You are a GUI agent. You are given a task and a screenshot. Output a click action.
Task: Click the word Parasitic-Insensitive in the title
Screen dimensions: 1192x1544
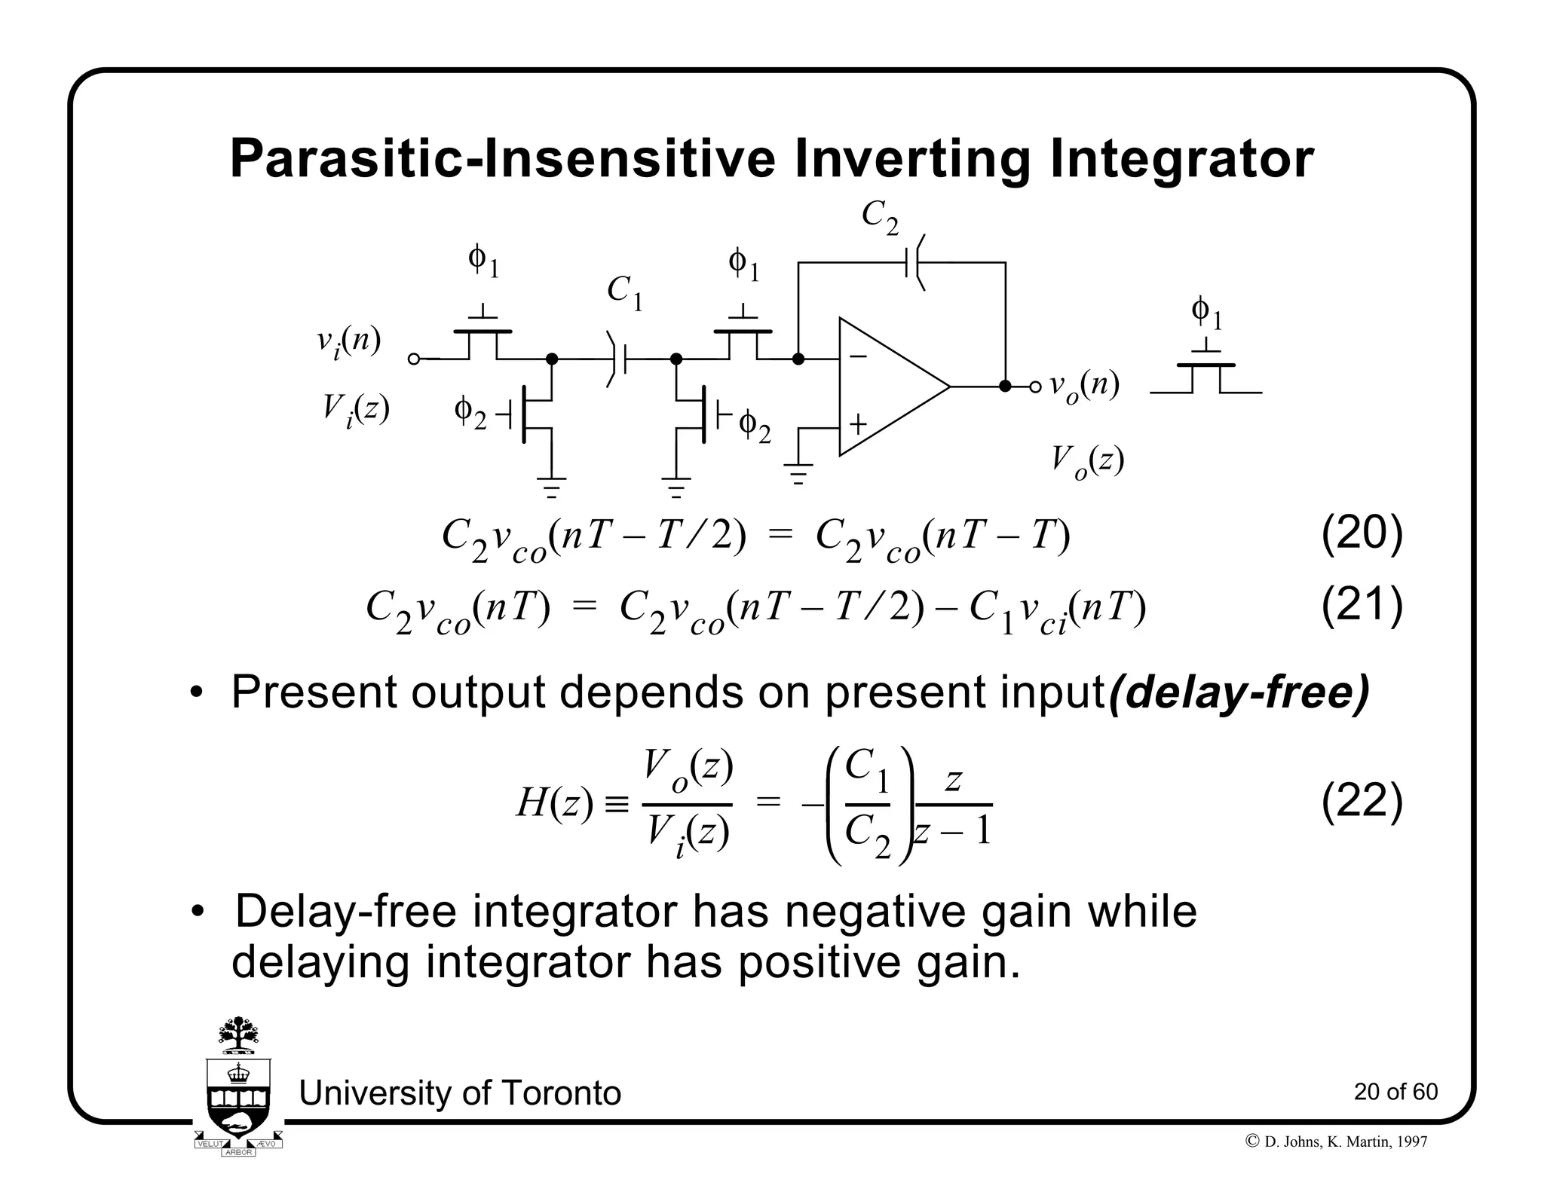502,160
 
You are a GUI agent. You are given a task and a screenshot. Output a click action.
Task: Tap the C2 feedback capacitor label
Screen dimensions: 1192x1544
880,218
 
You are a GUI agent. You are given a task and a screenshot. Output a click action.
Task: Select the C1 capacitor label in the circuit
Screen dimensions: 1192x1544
625,292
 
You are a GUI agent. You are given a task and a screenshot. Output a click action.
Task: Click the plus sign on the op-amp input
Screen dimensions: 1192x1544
858,425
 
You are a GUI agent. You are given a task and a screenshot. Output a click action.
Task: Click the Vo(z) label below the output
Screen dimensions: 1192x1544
1087,460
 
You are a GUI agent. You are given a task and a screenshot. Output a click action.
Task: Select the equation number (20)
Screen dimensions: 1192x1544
1362,533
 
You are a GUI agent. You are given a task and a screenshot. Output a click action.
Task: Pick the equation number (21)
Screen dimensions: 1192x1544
1362,605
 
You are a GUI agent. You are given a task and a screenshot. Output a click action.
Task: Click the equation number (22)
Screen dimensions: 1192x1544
1362,801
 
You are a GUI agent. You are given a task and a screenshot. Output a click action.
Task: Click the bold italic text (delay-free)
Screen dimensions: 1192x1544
1239,693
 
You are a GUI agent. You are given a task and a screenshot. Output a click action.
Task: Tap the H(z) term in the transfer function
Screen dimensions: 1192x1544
555,803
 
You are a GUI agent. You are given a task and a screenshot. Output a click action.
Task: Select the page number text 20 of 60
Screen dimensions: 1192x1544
1395,1092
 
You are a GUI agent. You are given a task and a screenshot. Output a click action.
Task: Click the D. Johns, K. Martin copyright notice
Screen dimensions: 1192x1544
1337,1142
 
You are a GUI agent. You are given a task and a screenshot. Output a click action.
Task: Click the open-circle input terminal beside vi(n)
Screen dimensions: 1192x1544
413,359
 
